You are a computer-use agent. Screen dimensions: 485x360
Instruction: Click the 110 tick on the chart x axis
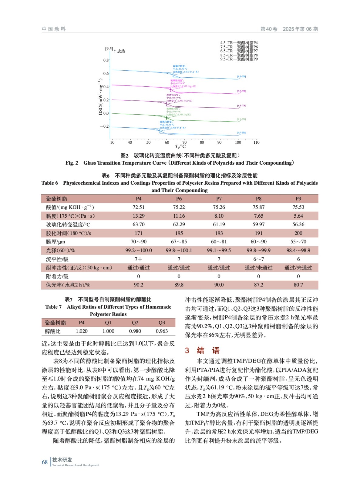[256, 142]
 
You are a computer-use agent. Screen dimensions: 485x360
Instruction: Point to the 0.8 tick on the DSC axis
[106, 60]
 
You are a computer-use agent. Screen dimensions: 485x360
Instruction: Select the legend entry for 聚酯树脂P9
[239, 59]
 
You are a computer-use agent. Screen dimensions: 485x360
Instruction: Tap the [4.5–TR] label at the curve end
[241, 76]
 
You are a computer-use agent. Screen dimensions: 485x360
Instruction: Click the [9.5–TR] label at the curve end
[241, 133]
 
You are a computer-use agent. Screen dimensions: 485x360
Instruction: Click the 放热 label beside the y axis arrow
[121, 51]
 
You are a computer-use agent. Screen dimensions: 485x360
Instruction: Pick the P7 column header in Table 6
[219, 199]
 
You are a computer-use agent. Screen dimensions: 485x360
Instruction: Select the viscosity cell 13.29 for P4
[138, 216]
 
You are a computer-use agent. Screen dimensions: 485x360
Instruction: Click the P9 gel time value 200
[298, 233]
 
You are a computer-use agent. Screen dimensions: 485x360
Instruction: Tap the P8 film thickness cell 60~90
[258, 242]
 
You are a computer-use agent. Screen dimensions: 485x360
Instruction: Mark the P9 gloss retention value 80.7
[298, 285]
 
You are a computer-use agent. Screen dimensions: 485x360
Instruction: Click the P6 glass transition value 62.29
[179, 225]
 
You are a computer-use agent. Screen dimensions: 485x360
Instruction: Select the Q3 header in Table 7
[162, 323]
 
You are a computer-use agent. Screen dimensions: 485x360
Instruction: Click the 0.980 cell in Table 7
[135, 331]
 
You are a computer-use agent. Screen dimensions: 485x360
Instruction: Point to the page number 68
[45, 462]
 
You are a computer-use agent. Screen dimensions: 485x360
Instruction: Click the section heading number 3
[187, 351]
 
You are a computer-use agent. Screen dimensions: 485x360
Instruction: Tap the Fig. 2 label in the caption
[72, 163]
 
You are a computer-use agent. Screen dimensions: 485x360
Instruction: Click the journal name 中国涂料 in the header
[54, 29]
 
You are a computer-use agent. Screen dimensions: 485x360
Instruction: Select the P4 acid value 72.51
[138, 207]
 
